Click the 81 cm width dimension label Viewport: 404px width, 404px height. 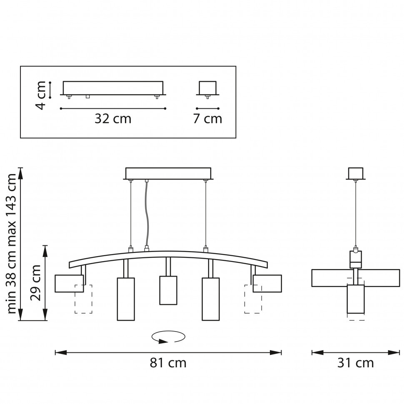(x=168, y=363)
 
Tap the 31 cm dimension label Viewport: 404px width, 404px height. (x=355, y=363)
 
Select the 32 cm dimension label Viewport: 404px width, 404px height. (x=113, y=119)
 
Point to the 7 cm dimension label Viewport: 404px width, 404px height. (x=207, y=119)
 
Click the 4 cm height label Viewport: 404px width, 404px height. (x=41, y=95)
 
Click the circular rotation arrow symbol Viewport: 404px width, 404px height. (x=168, y=337)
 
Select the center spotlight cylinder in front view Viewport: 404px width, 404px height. (x=168, y=290)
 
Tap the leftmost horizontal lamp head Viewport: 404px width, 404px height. (x=69, y=283)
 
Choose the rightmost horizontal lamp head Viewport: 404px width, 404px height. (x=267, y=283)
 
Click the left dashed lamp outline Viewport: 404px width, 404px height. (x=83, y=299)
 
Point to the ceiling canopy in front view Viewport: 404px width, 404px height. (x=168, y=173)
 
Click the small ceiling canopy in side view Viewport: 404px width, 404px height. (x=356, y=173)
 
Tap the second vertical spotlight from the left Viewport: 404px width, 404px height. (x=126, y=299)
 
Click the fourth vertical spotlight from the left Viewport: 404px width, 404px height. (x=211, y=299)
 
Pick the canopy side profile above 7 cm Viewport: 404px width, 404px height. (x=207, y=88)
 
